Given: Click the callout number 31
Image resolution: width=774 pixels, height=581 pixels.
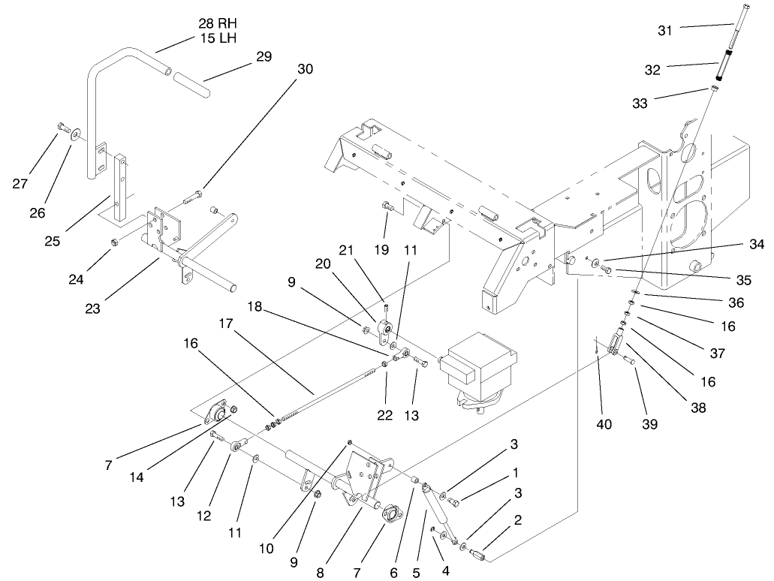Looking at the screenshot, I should pyautogui.click(x=666, y=31).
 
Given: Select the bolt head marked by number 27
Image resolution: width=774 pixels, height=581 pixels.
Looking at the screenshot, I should pyautogui.click(x=60, y=127).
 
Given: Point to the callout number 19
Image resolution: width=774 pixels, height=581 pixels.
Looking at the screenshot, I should pyautogui.click(x=381, y=248).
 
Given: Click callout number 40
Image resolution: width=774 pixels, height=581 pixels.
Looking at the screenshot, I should pyautogui.click(x=604, y=424).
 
